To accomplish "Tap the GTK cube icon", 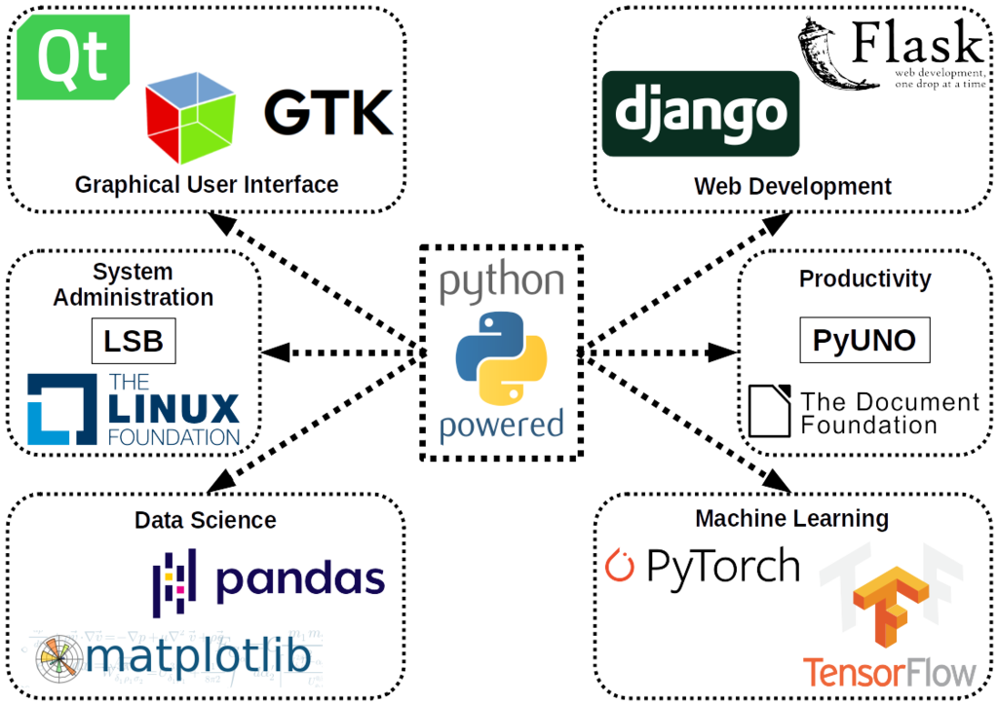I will (x=191, y=118).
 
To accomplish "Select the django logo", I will (x=700, y=113).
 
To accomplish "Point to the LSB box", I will (x=134, y=341).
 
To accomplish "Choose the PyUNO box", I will (x=864, y=340).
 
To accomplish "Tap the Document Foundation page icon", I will (x=770, y=410).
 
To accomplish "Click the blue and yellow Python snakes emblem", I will (x=501, y=357).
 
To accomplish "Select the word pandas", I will (x=299, y=578).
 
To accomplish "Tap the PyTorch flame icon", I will (x=620, y=565).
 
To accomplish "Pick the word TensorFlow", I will (x=889, y=672).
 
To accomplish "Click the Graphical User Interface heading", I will (x=207, y=184).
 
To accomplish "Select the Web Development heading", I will (x=791, y=185).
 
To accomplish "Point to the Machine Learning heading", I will (x=791, y=518).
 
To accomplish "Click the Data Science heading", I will (x=205, y=520).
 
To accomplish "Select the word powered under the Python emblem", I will (x=501, y=426).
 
